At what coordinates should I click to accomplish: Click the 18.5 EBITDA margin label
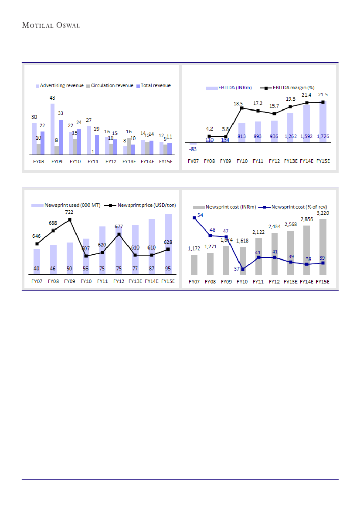pos(238,104)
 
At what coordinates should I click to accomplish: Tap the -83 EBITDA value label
pos(193,149)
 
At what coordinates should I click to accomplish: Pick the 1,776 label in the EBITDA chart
pos(323,136)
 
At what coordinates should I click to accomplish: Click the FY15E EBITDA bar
pos(323,122)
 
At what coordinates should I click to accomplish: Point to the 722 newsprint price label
pos(69,212)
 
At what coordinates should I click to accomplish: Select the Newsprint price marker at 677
pos(119,235)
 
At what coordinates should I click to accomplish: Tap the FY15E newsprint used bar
pos(168,244)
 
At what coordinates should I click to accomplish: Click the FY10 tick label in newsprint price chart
pos(86,281)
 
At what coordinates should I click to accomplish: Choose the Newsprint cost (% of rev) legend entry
pos(299,207)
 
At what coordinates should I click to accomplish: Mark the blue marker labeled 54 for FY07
pos(194,217)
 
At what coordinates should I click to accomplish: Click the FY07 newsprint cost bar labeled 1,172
pos(194,265)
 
